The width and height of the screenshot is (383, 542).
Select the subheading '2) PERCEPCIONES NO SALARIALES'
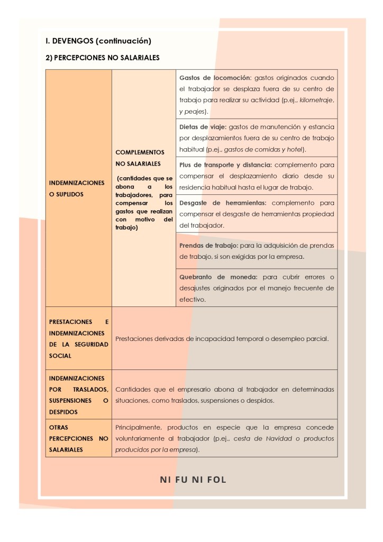point(103,58)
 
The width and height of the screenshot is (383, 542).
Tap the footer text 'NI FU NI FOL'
point(193,480)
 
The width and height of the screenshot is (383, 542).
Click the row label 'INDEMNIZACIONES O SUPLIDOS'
point(77,188)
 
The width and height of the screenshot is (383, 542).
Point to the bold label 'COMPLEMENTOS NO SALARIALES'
point(139,158)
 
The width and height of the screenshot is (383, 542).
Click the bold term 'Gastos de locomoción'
point(214,77)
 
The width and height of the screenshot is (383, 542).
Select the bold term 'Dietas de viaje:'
point(203,127)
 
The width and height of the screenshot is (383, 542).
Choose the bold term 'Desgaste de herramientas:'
point(223,202)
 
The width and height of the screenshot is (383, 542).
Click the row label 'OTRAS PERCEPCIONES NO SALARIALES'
point(78,438)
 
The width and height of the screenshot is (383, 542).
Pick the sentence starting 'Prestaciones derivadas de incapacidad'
point(222,338)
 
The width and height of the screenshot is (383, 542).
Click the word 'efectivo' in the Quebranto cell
point(192,299)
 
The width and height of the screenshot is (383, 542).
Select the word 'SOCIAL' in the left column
point(60,356)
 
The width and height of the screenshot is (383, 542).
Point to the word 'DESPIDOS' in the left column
point(63,411)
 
